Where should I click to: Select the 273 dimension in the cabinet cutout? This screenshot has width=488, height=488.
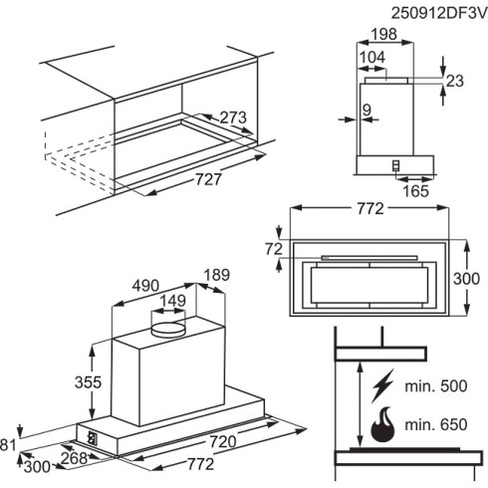click(232, 119)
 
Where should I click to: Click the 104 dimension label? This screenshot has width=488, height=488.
click(372, 59)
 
